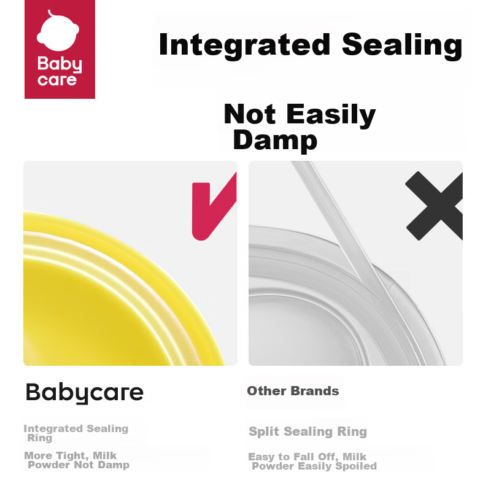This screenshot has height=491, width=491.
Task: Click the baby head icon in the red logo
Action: tap(58, 31)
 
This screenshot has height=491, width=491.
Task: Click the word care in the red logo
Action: tap(57, 80)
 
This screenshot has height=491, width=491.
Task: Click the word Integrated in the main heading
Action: tap(244, 45)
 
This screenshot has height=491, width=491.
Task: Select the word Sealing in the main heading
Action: tap(402, 45)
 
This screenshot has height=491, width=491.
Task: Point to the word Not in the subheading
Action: tap(250, 114)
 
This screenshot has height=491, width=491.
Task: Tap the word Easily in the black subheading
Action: tap(331, 115)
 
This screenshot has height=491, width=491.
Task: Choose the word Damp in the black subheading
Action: tap(275, 141)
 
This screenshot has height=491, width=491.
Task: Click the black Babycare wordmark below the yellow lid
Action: tap(85, 393)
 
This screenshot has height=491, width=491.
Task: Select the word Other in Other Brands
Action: tap(266, 391)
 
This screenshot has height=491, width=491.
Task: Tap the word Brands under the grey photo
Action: tap(315, 391)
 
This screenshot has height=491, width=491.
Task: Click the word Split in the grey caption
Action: tap(264, 432)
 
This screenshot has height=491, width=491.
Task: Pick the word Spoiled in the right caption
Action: tap(356, 466)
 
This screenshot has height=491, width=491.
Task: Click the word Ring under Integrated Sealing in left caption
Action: tap(39, 438)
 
